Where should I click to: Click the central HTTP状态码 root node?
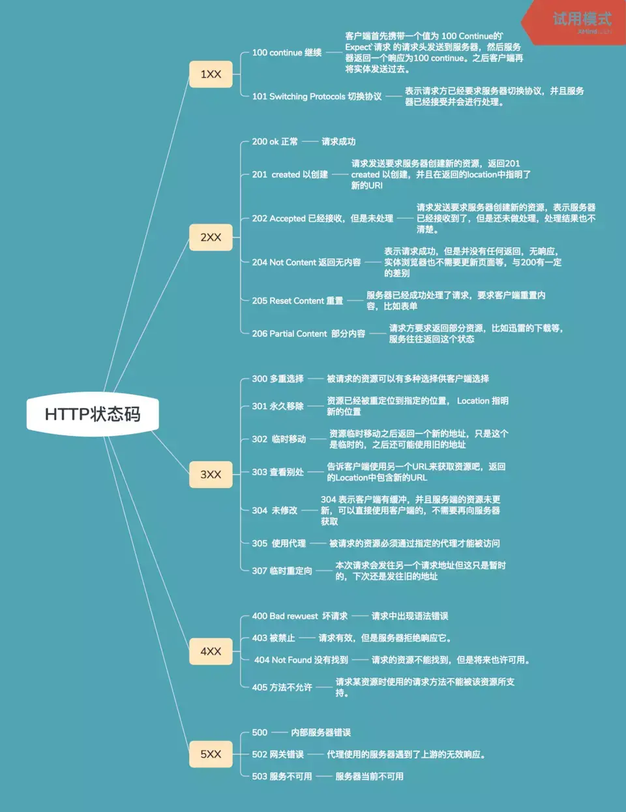tap(93, 414)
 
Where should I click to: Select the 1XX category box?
tap(211, 74)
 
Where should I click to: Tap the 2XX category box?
tap(211, 238)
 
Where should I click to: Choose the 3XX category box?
tap(211, 475)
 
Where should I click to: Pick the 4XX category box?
tap(211, 651)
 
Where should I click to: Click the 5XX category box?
tap(211, 754)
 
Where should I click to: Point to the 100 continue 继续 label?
tap(287, 53)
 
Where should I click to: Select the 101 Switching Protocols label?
tap(317, 97)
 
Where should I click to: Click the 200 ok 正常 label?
tap(275, 142)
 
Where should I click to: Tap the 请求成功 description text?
tap(338, 142)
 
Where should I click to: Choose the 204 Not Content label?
tap(306, 262)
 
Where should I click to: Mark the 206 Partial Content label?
tap(308, 334)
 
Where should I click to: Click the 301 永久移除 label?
tap(278, 406)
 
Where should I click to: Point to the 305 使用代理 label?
tap(279, 543)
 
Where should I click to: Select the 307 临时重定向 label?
tap(282, 570)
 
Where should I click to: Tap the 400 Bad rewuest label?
tap(299, 616)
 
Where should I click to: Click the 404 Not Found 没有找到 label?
tap(301, 660)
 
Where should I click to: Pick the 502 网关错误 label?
tap(278, 755)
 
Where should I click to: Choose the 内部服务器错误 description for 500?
tap(321, 732)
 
